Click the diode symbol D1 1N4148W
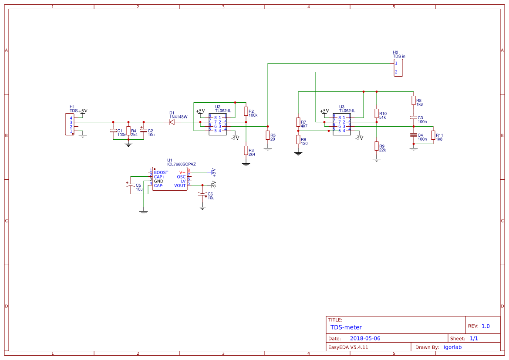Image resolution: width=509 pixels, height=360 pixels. pos(172,122)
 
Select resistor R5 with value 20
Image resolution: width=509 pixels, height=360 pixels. pos(267,135)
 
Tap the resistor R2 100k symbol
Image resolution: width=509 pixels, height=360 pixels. pos(246,111)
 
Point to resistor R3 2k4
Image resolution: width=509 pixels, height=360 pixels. pos(246,151)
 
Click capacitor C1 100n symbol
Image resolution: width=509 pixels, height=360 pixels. pos(113,131)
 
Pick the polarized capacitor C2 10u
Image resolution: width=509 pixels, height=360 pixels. pos(144,131)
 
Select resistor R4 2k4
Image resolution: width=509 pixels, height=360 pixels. pos(128,131)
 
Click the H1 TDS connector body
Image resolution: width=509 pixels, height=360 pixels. pos(70,124)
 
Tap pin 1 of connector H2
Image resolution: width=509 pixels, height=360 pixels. pos(396,64)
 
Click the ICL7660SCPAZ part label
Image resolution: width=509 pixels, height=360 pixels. pos(182,165)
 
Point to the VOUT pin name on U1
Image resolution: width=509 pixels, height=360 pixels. pos(180,185)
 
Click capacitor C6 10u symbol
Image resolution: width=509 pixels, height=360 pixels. pos(202,193)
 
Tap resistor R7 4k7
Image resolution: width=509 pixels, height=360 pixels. pos(298,122)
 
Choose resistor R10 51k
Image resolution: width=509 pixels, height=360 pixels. pos(376,113)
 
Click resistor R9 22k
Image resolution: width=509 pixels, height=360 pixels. pos(376,146)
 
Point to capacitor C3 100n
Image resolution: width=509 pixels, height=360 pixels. pos(413,118)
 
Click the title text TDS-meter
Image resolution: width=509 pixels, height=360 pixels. pos(346,327)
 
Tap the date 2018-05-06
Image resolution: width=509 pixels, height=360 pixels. pos(365,338)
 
